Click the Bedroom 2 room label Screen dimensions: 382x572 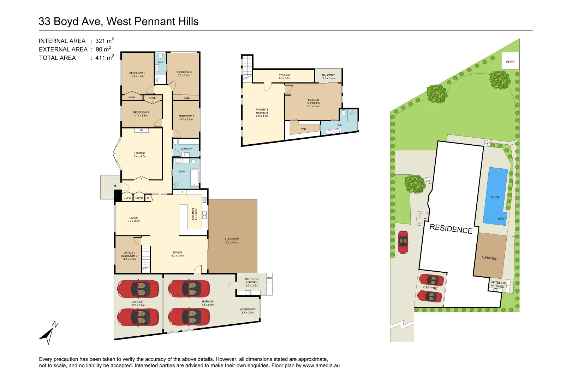pyautogui.click(x=137, y=74)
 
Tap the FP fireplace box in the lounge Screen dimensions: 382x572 pyautogui.click(x=141, y=131)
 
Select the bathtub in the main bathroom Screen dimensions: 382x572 pyautogui.click(x=195, y=177)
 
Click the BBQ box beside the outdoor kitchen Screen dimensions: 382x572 pyautogui.click(x=269, y=278)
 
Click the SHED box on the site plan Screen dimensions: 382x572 pyautogui.click(x=510, y=62)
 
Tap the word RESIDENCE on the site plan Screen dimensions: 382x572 pyautogui.click(x=451, y=229)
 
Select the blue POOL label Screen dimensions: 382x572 pyautogui.click(x=495, y=197)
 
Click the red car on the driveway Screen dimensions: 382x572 pyautogui.click(x=403, y=242)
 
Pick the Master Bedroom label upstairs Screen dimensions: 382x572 pyautogui.click(x=314, y=103)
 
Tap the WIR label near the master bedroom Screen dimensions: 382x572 pyautogui.click(x=304, y=129)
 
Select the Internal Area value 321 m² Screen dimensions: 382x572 pyautogui.click(x=105, y=41)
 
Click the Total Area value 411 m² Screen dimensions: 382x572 pyautogui.click(x=105, y=58)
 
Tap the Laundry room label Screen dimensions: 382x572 pyautogui.click(x=187, y=149)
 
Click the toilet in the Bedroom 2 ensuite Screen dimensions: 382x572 pyautogui.click(x=161, y=56)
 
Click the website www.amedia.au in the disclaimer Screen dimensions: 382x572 pyautogui.click(x=321, y=365)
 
